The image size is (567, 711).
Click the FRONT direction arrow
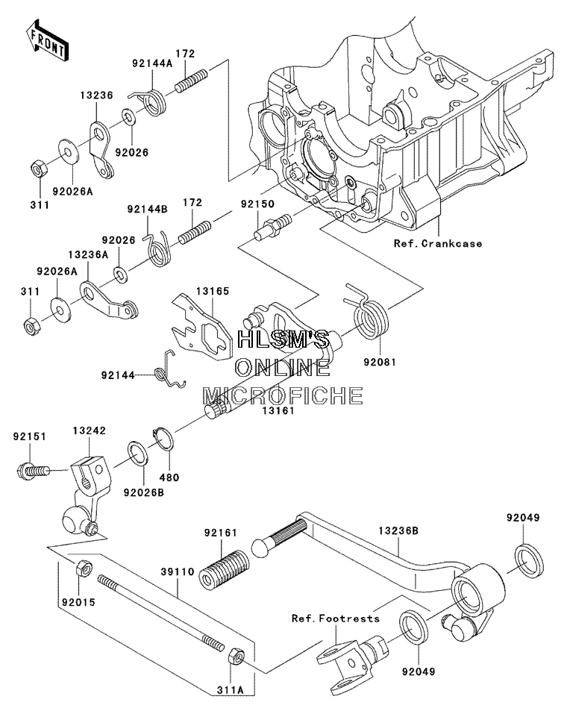click(x=47, y=40)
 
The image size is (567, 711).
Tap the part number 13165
click(x=213, y=291)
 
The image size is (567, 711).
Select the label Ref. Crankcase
click(x=438, y=243)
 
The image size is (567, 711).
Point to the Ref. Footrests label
click(x=335, y=618)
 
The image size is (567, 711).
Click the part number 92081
click(x=380, y=363)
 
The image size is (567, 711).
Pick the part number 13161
click(x=278, y=410)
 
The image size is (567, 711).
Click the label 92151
click(x=30, y=436)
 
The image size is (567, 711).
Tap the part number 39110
click(x=178, y=571)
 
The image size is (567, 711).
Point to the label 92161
click(x=220, y=533)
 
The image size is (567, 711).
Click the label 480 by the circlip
click(x=169, y=477)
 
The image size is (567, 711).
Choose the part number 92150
click(x=257, y=204)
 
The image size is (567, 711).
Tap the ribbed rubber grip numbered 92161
click(x=225, y=569)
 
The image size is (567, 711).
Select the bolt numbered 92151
click(x=33, y=471)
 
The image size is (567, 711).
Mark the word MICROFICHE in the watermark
click(x=282, y=395)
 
